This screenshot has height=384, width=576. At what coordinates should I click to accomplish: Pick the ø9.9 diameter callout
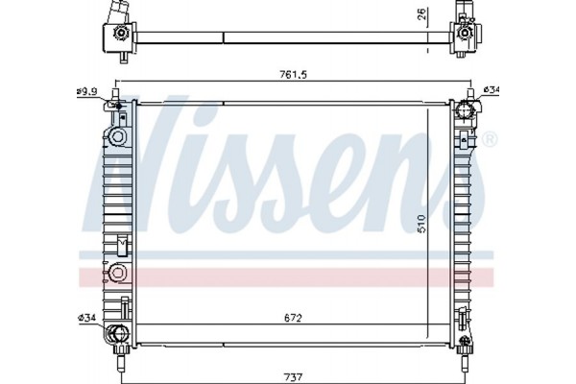(87, 91)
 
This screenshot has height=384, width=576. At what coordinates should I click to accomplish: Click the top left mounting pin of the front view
(116, 95)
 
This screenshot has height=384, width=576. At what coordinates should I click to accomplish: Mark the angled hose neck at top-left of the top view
(116, 13)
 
